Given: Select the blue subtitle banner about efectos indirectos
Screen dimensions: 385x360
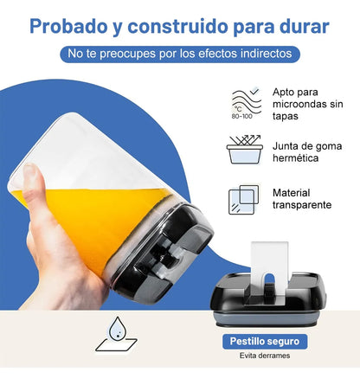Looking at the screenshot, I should [x=180, y=54].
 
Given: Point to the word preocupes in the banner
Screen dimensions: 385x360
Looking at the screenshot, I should [x=140, y=54].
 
